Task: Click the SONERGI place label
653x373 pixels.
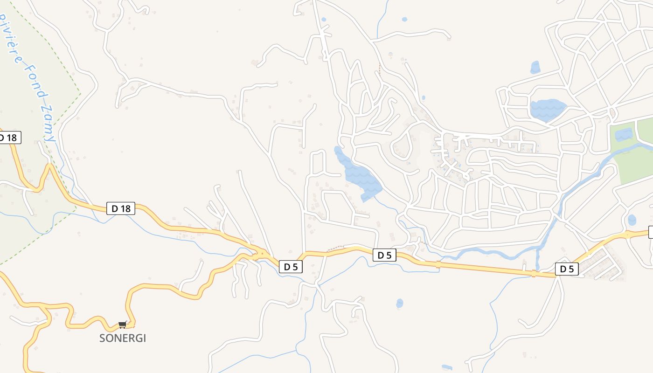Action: [123, 338]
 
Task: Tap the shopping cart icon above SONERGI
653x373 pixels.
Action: [123, 325]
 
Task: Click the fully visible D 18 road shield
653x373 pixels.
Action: [121, 208]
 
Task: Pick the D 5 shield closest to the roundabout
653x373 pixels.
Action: [291, 267]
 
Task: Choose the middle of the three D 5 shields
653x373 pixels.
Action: [384, 255]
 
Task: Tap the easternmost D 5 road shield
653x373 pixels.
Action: [567, 269]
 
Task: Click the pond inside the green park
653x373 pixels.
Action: [623, 135]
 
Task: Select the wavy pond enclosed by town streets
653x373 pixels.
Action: [547, 110]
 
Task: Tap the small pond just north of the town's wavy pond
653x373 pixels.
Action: [535, 68]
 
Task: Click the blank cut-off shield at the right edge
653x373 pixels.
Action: [651, 232]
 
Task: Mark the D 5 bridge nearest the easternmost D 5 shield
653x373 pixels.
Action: [534, 274]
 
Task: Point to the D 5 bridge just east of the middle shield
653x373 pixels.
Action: [438, 264]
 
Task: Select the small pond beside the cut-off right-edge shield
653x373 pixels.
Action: [632, 220]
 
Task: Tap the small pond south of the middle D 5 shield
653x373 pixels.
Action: [399, 304]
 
